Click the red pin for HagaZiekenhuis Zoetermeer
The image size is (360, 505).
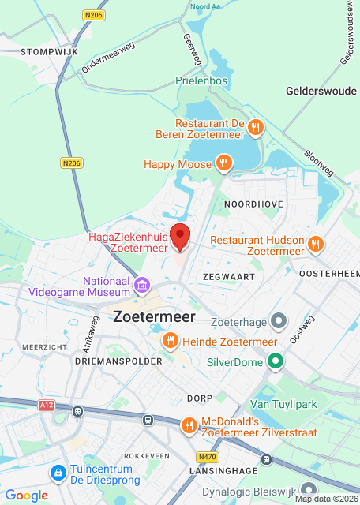click(181, 237)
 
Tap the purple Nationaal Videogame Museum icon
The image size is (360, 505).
click(142, 284)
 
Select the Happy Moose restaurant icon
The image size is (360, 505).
click(224, 163)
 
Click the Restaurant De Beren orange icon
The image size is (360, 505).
click(255, 126)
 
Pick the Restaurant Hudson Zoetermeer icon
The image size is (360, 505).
click(315, 244)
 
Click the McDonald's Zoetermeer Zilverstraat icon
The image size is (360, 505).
click(188, 426)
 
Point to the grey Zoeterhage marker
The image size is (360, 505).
click(278, 321)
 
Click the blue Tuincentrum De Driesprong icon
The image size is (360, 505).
click(58, 473)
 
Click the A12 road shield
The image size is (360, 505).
click(47, 404)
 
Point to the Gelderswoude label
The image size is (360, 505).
click(321, 92)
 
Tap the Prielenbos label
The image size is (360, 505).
click(202, 80)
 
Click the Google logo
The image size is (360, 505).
click(27, 495)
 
